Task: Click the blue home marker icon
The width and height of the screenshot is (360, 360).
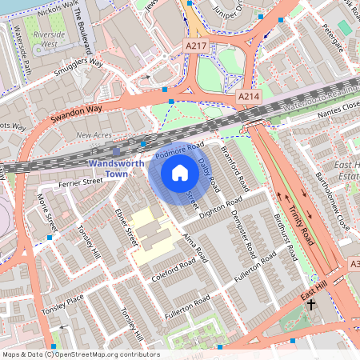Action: pyautogui.click(x=180, y=173)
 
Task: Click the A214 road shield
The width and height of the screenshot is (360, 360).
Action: pyautogui.click(x=248, y=96)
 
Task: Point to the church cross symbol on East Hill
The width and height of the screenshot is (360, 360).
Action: pyautogui.click(x=311, y=305)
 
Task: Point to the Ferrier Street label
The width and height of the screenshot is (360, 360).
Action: pyautogui.click(x=81, y=182)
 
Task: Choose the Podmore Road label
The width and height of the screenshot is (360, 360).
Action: pyautogui.click(x=180, y=149)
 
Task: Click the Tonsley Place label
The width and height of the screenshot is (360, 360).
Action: pyautogui.click(x=63, y=302)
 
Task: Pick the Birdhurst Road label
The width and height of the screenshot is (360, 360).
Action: pyautogui.click(x=285, y=237)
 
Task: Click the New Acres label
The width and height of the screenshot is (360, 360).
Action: pyautogui.click(x=94, y=135)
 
